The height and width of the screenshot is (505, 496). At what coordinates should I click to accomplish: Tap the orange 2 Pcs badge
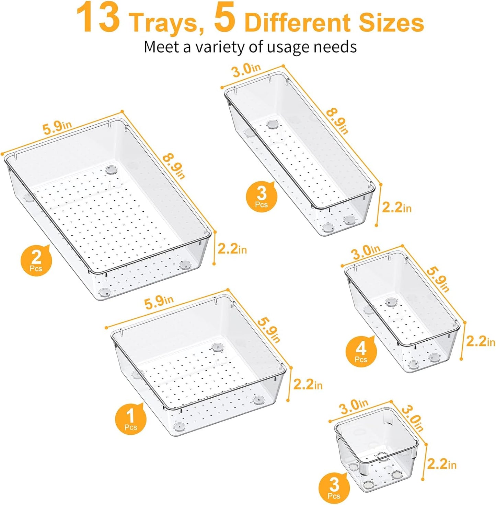coord(36,260)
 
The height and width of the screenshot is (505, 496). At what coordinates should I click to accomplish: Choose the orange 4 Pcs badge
coord(361,351)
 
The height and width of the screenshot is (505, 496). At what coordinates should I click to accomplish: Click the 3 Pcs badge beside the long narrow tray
coord(262,197)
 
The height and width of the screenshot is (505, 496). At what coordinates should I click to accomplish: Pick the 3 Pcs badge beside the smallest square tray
coord(334,487)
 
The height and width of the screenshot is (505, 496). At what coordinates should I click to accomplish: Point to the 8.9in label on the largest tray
coord(174,166)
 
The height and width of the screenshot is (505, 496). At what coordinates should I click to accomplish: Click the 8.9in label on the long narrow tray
coord(337,121)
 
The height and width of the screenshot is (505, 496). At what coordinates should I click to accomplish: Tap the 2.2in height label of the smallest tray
coord(441,464)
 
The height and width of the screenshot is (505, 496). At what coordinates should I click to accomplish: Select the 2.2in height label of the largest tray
coord(232,249)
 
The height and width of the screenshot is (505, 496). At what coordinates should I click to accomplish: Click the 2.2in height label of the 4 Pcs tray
coord(480,341)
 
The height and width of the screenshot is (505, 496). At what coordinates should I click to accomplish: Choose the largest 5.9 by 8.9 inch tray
coord(106,209)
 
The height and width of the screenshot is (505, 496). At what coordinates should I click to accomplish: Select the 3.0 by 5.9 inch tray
coord(402,312)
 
